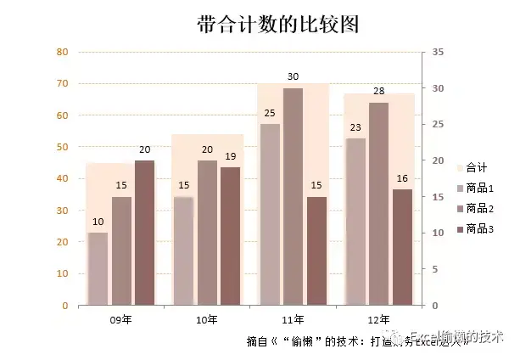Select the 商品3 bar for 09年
pos(144,232)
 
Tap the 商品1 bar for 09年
pos(98,268)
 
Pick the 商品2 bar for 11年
pos(294,196)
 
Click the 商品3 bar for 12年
pos(402,246)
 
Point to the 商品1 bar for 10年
pos(184,250)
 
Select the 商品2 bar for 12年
pos(378,203)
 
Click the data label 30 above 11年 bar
pos(294,77)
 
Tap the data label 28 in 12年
pos(378,92)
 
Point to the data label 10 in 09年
pos(98,222)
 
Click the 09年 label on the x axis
pos(120,319)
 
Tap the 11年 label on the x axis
pos(293,319)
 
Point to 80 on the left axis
pos(62,52)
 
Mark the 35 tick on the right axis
pos(438,52)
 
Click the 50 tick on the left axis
pos(62,147)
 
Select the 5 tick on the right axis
pos(435,269)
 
